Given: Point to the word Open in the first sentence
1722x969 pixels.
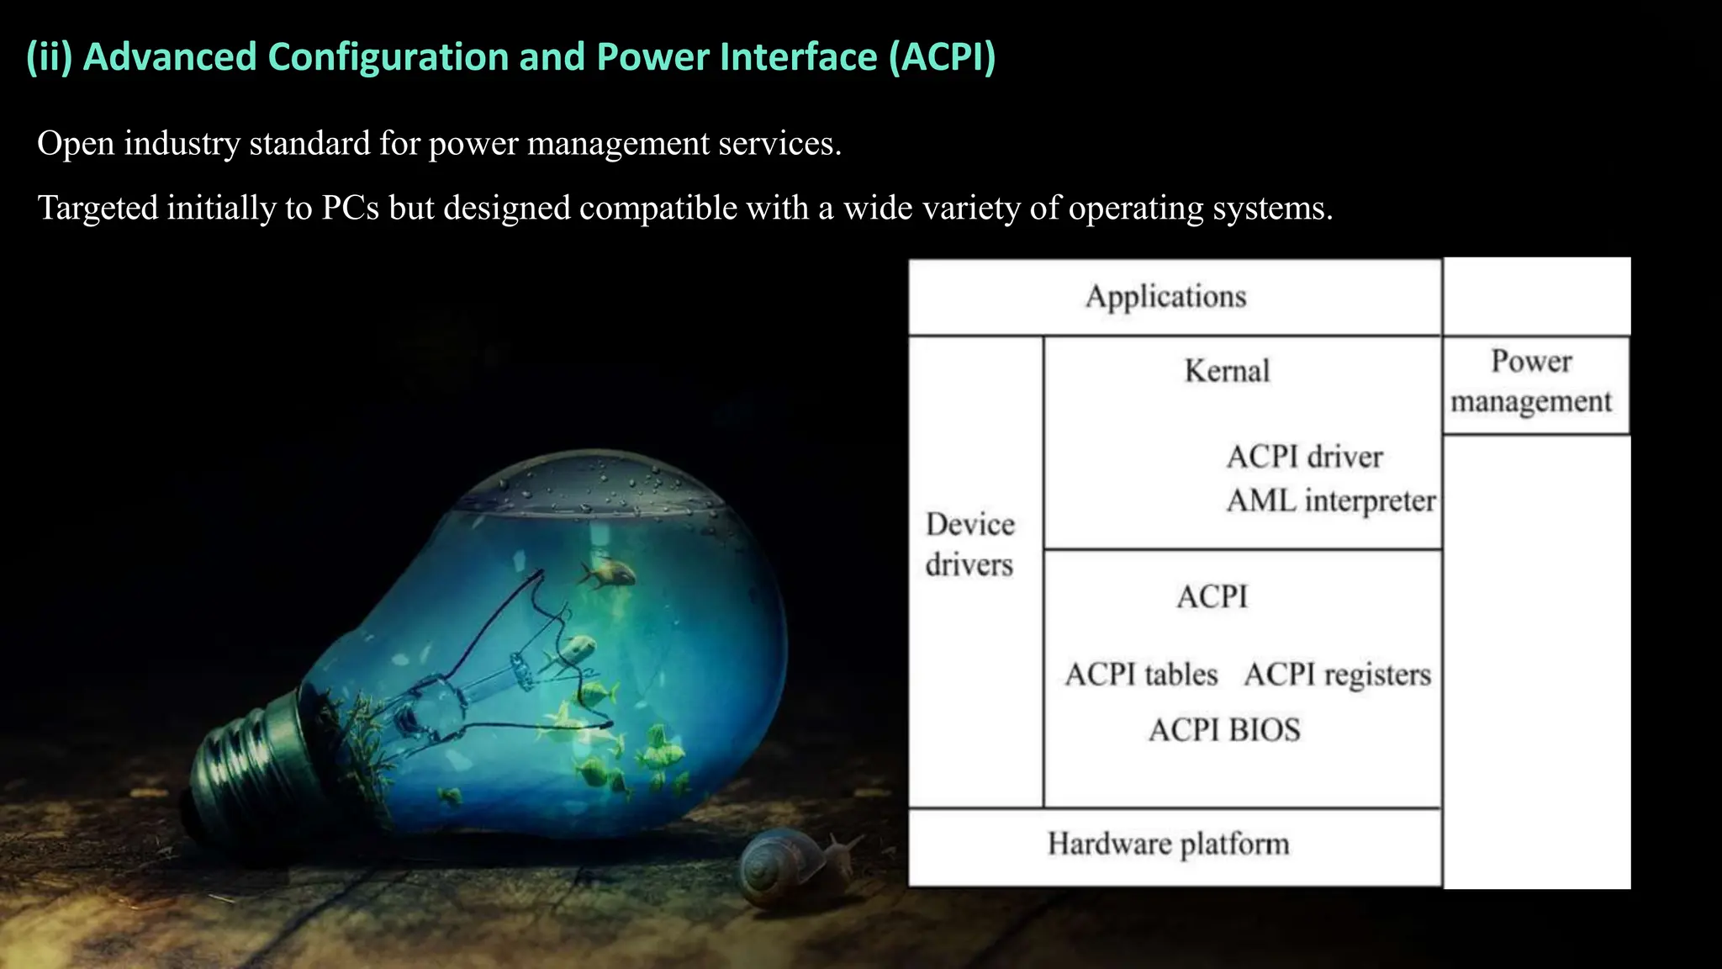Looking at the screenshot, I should pyautogui.click(x=76, y=144).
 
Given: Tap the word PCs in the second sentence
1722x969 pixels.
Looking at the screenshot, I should pyautogui.click(x=350, y=208).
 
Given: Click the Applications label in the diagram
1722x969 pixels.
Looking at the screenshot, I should pyautogui.click(x=1165, y=296).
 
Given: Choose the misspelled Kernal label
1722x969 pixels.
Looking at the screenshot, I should pyautogui.click(x=1227, y=371).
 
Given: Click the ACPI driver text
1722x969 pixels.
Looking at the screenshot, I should pyautogui.click(x=1304, y=457).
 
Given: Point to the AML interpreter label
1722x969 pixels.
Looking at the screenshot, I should pyautogui.click(x=1330, y=500).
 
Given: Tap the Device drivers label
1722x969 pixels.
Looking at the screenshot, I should pyautogui.click(x=969, y=544).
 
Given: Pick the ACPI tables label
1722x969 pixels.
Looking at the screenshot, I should pyautogui.click(x=1141, y=675).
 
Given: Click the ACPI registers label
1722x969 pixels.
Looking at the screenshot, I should pyautogui.click(x=1337, y=675).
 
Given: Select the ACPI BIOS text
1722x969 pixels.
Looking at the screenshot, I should pyautogui.click(x=1224, y=730).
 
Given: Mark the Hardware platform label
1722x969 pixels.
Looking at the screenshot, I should pyautogui.click(x=1168, y=844).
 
